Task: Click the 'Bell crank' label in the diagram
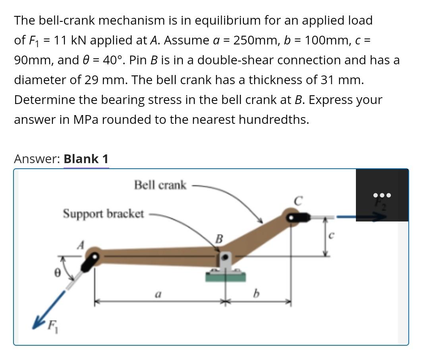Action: click(160, 185)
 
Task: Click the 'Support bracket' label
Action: click(103, 214)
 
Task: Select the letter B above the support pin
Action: click(218, 239)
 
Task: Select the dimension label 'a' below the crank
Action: click(158, 295)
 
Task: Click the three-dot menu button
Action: click(382, 195)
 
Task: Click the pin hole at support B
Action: click(226, 258)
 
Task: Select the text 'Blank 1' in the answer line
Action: click(86, 159)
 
